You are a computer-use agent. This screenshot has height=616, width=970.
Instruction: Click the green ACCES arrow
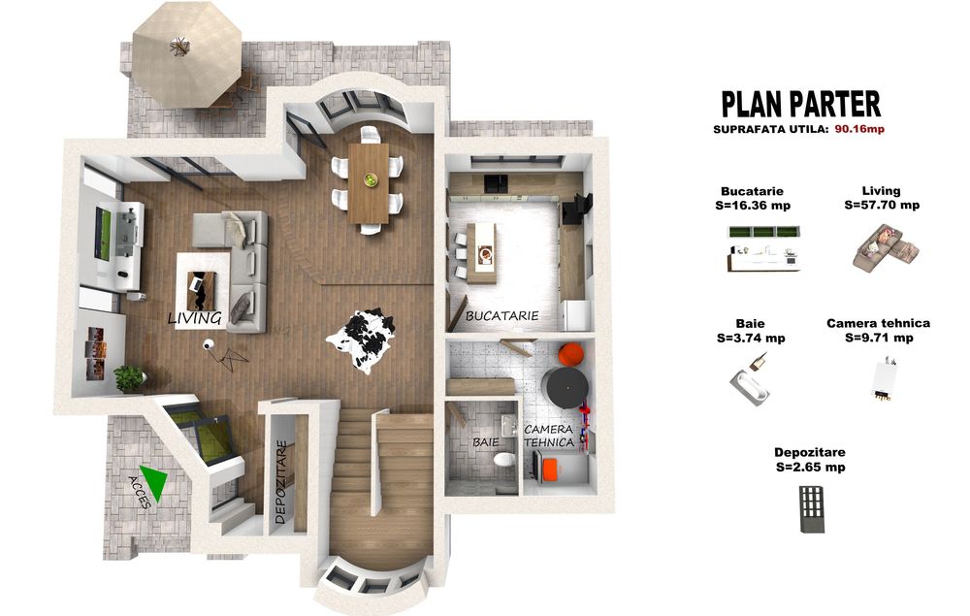tap(154, 482)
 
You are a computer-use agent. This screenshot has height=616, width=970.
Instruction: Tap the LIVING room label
tap(195, 318)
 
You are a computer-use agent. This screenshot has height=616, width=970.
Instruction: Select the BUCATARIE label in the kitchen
tap(501, 315)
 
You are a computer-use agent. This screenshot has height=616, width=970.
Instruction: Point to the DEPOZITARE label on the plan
tap(281, 482)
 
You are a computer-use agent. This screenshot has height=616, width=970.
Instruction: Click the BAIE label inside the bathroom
tap(486, 442)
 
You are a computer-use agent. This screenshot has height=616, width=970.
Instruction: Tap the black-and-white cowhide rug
tap(361, 340)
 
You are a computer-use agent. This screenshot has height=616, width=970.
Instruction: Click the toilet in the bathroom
tap(504, 460)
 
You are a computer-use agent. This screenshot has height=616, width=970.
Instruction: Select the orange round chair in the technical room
tap(571, 354)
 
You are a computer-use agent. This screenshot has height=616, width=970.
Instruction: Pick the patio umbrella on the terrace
tap(186, 53)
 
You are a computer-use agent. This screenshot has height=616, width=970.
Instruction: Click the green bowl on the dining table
tap(370, 179)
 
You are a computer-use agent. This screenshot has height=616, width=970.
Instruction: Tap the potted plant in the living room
tap(130, 378)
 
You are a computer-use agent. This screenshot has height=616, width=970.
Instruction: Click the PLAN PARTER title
tap(801, 104)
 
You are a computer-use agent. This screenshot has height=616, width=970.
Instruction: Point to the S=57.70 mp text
tap(882, 205)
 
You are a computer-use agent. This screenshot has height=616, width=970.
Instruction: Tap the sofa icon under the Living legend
tap(886, 248)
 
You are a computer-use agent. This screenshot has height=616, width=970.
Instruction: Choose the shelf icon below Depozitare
tap(812, 509)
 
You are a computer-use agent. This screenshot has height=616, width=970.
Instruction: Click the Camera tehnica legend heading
tap(878, 323)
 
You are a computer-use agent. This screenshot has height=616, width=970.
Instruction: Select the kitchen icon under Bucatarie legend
tap(764, 249)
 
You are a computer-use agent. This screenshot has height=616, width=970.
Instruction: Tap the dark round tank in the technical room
tap(566, 387)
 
